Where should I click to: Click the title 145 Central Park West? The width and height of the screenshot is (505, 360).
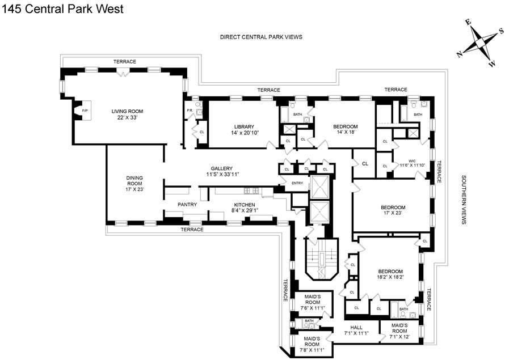[62, 9]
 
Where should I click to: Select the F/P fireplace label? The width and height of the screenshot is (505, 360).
[85, 110]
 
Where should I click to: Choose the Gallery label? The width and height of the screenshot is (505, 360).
[222, 169]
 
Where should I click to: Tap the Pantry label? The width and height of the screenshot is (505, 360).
[187, 205]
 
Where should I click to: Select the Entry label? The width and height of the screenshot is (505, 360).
[297, 183]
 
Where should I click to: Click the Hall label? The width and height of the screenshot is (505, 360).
[356, 327]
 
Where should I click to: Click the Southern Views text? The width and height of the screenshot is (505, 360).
[464, 199]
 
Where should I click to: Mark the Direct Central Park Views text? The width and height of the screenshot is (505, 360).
[261, 36]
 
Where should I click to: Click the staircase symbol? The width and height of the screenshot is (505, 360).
[321, 258]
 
